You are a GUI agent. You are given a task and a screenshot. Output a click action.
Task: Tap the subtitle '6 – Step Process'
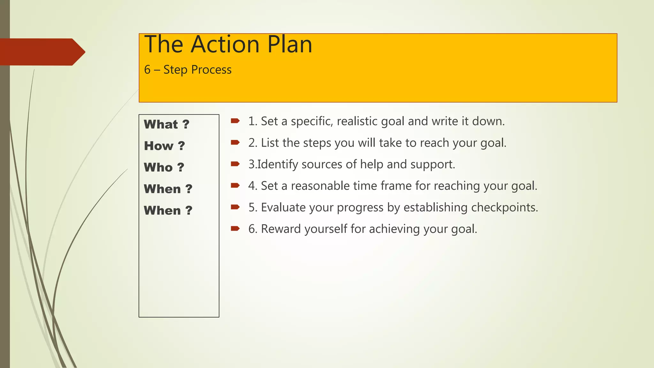coord(188,70)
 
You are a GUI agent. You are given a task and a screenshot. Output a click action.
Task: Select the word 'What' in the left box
coord(161,124)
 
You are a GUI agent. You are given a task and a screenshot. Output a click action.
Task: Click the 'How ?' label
coord(164,146)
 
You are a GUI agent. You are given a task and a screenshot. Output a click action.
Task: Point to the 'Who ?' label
coord(164,167)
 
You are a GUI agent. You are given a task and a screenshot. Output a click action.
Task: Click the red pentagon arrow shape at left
coord(42,52)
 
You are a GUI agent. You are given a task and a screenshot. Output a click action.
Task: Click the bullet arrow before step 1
coord(235,121)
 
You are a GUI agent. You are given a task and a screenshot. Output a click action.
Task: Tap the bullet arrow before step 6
coord(235,228)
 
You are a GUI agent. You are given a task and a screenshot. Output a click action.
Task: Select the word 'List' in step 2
coord(270,143)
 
